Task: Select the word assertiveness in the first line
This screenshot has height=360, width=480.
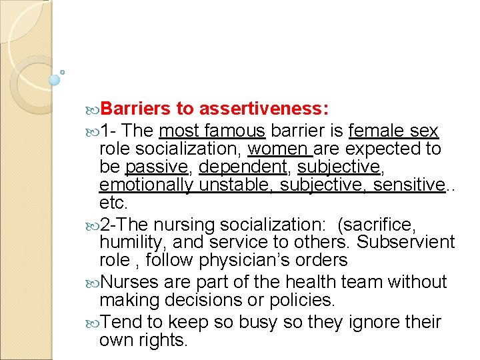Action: point(263,109)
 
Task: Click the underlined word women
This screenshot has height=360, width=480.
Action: point(277,148)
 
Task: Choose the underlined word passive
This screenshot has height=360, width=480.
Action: point(157,166)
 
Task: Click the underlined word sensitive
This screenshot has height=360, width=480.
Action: point(407,184)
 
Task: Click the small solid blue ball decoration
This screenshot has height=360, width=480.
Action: point(55,79)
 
